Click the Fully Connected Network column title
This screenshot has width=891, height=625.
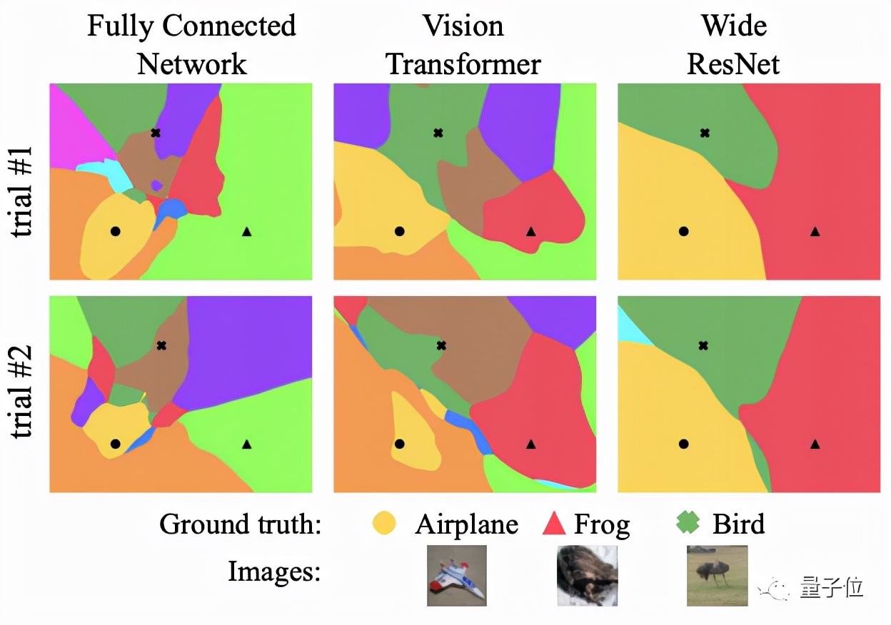[191, 45]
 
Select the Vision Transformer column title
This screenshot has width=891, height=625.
[463, 45]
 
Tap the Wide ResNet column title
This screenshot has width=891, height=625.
[733, 45]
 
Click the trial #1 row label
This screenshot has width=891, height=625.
[24, 181]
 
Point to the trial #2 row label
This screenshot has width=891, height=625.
[24, 394]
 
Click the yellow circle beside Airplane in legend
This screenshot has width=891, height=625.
[384, 524]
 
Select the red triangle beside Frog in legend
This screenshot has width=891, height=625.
[555, 524]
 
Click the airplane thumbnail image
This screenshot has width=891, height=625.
[457, 576]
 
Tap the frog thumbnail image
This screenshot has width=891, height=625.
[587, 576]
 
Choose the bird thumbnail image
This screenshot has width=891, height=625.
[717, 576]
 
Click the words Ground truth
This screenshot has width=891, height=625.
[240, 525]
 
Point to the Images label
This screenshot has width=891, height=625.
[273, 571]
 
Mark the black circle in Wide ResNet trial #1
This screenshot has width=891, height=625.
[684, 231]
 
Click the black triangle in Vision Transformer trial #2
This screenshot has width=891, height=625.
[530, 444]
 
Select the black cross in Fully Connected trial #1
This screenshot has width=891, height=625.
[156, 133]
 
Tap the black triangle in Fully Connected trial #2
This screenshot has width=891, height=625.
[247, 444]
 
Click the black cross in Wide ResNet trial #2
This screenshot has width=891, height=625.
[703, 345]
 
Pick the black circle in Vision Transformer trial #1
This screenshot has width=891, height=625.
[400, 231]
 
